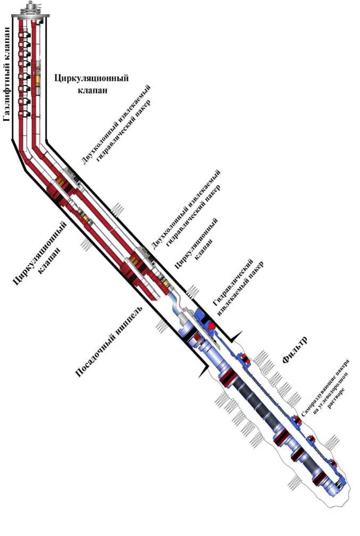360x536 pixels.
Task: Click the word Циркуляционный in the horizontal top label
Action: coord(91,78)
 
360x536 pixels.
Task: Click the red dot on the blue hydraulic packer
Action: coord(211,324)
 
